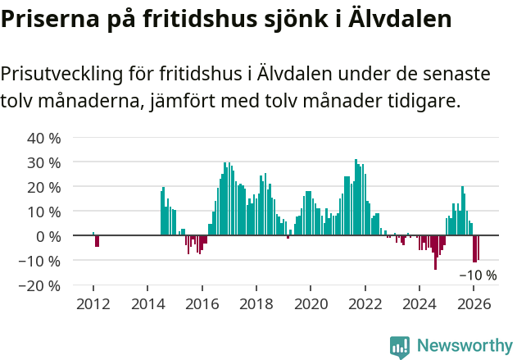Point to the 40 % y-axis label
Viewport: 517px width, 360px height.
(x=44, y=138)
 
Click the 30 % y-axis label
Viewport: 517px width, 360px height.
(x=44, y=162)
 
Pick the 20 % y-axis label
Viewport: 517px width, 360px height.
(x=44, y=187)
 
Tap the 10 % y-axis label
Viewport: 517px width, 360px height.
(x=44, y=212)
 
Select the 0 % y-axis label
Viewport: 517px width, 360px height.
(x=48, y=236)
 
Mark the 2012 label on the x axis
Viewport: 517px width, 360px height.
(x=93, y=304)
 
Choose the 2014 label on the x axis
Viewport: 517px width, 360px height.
(x=147, y=304)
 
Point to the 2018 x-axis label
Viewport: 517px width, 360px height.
(x=256, y=304)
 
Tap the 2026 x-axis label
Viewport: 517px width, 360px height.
(x=474, y=304)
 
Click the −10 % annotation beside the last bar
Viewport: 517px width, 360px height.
(x=478, y=275)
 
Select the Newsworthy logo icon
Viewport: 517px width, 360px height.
(x=400, y=346)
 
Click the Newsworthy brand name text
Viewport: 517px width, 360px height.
(x=464, y=346)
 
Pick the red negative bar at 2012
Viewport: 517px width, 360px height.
(x=97, y=241)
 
